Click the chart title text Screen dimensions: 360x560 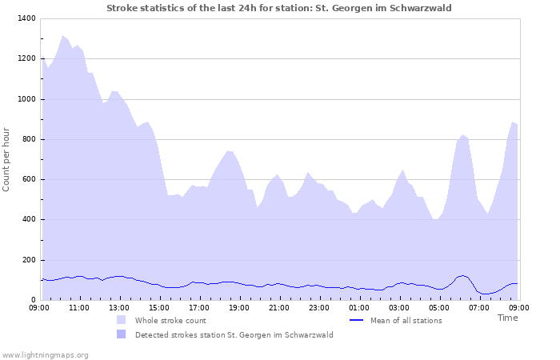[279, 8]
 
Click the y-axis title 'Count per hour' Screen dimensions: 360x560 [8, 158]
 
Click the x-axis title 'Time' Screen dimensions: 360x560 [507, 318]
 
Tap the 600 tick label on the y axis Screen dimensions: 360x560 [28, 179]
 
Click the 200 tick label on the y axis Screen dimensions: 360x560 [28, 260]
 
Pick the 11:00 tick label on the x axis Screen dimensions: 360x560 [79, 307]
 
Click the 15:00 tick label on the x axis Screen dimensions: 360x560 [159, 307]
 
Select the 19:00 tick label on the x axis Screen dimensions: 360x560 [239, 307]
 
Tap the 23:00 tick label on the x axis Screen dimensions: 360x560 [319, 307]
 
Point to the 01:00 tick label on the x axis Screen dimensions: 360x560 [359, 307]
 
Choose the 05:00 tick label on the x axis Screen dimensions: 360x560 [439, 307]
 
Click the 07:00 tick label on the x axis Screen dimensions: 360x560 [479, 307]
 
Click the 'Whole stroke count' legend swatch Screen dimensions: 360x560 [121, 320]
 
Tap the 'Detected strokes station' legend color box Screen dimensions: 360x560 [121, 334]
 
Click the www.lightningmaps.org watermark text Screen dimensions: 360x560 [45, 354]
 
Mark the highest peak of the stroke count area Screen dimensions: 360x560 [62, 36]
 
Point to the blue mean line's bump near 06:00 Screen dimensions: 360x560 [462, 276]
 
